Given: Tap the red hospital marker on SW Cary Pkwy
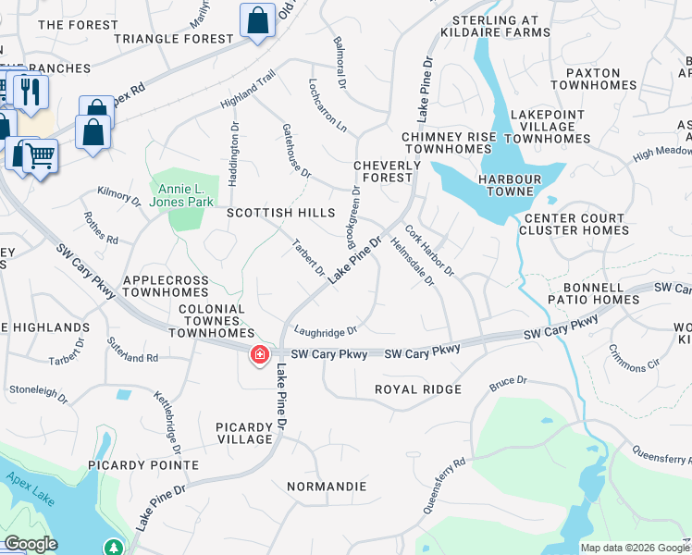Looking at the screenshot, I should pyautogui.click(x=260, y=354).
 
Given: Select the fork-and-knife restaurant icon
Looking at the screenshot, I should pyautogui.click(x=31, y=92).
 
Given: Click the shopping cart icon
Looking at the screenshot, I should pyautogui.click(x=39, y=156).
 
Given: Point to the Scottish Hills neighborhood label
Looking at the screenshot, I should pyautogui.click(x=280, y=213).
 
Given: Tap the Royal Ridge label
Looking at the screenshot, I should pyautogui.click(x=417, y=389).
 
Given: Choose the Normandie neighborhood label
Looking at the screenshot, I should pyautogui.click(x=327, y=486).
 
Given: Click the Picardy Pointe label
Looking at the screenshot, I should pyautogui.click(x=143, y=464).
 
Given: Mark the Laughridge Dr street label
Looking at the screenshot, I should pyautogui.click(x=325, y=329).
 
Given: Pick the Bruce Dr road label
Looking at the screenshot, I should pyautogui.click(x=508, y=381).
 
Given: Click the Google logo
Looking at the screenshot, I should pyautogui.click(x=31, y=544).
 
